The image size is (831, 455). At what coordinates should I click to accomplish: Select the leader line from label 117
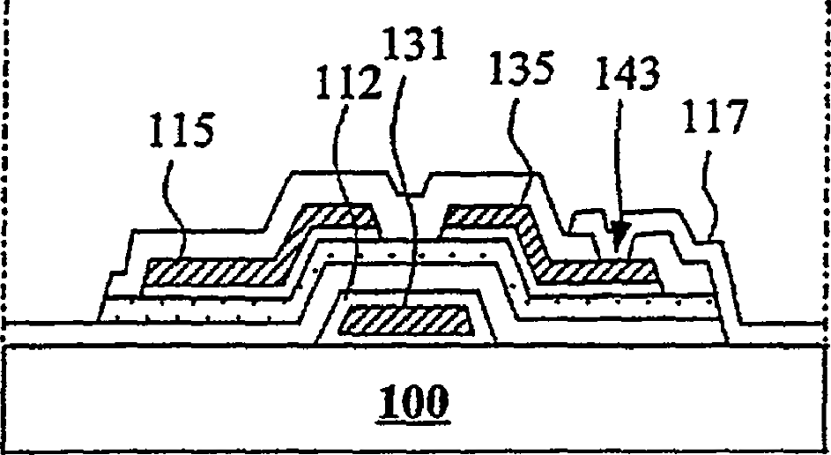coord(708,203)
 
